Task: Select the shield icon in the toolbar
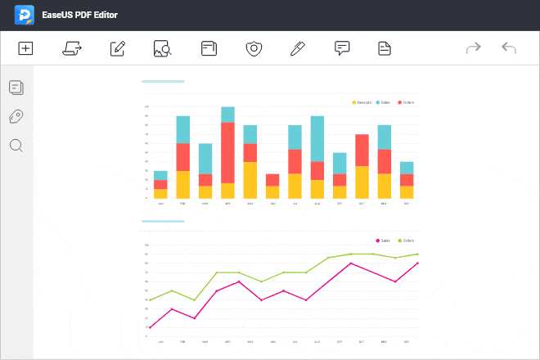click(254, 49)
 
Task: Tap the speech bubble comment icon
click(342, 48)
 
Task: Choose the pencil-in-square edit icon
click(118, 49)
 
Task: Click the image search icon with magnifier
click(162, 49)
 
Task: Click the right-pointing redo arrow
click(473, 49)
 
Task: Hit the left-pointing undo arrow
click(508, 49)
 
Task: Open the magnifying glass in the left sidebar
click(16, 146)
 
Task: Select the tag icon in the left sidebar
click(16, 116)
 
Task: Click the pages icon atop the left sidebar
click(16, 87)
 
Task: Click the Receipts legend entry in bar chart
click(361, 102)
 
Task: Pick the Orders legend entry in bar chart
click(406, 102)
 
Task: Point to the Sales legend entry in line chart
click(383, 241)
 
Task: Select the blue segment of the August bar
click(317, 138)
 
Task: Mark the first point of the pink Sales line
click(150, 327)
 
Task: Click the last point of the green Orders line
click(417, 254)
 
